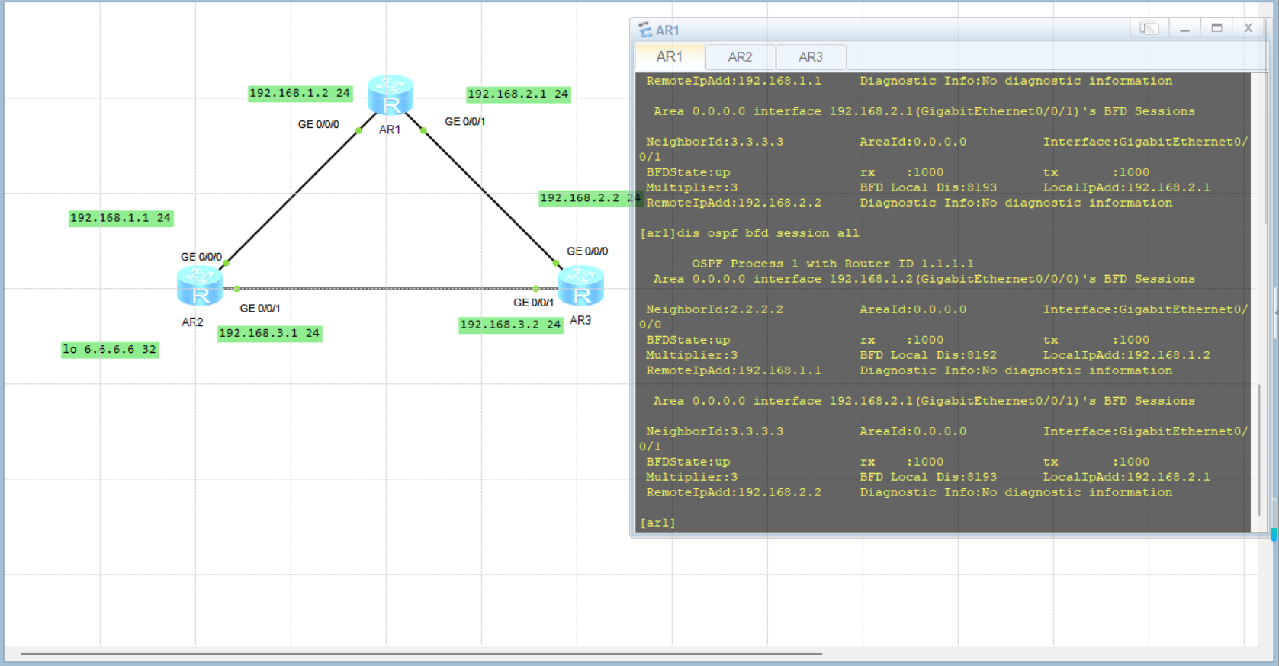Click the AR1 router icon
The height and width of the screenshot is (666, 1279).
point(390,94)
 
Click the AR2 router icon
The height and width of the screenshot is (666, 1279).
point(200,286)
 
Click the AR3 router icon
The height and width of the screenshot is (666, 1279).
point(581,286)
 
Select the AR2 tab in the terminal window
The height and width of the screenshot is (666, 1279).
point(740,57)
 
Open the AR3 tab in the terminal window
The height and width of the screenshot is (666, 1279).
point(810,57)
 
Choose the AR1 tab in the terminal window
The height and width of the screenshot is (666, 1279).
point(669,57)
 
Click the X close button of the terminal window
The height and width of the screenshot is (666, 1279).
point(1248,28)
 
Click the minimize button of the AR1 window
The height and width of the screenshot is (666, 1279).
point(1184,28)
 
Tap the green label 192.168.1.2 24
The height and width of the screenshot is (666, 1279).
point(300,93)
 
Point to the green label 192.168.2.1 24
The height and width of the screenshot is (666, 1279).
point(518,94)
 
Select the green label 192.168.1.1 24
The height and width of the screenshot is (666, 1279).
point(121,218)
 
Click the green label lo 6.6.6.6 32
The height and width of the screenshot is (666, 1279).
point(109,350)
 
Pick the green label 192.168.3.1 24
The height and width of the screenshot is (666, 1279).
point(269,333)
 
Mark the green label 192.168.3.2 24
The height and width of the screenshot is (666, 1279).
point(510,325)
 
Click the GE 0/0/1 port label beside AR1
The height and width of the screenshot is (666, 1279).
point(464,122)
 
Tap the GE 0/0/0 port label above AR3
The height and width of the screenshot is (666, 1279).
point(586,251)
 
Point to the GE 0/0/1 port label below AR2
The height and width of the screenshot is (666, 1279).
point(259,309)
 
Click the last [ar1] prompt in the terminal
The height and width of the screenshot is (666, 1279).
point(657,523)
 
